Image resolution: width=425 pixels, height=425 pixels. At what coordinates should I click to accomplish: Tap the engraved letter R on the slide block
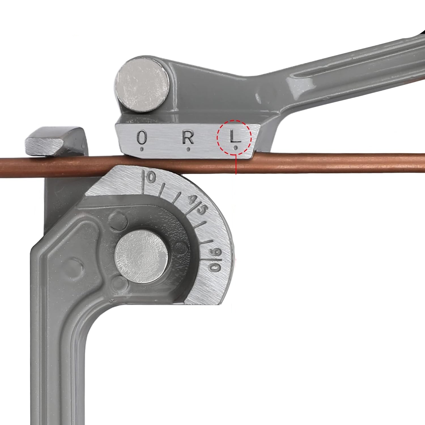(188, 137)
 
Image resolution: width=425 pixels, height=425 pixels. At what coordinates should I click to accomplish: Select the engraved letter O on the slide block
(142, 137)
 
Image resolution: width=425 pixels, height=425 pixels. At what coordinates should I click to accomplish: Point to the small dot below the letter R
(188, 149)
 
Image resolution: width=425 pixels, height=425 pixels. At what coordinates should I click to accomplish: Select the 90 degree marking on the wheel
(215, 259)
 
